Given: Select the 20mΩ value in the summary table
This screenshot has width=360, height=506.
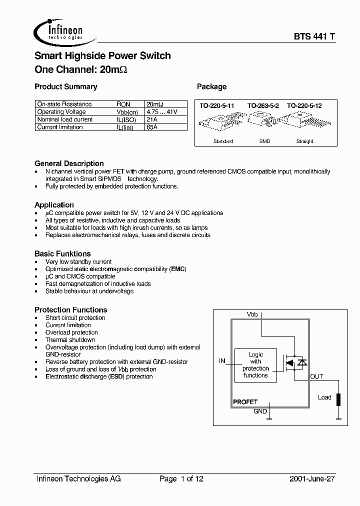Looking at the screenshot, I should point(154,104).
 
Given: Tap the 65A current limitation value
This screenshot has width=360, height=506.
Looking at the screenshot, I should point(151,127).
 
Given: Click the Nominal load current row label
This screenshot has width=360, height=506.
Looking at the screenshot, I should point(65,119).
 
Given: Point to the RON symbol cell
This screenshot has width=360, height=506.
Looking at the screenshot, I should point(123,104).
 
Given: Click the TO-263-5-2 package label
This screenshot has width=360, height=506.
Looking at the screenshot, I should point(264,106).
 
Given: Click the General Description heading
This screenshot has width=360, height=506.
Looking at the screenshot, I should point(69,163).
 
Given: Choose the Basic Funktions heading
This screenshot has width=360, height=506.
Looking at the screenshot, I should point(62,253).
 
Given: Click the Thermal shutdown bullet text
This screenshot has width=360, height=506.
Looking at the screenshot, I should point(70,339).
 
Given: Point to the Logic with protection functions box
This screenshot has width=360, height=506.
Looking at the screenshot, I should point(255,365).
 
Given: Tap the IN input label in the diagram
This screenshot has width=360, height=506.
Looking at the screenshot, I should point(222,360).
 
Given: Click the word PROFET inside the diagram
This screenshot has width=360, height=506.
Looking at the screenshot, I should point(245,402).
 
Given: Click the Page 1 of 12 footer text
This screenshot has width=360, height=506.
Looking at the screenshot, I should point(181,478).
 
